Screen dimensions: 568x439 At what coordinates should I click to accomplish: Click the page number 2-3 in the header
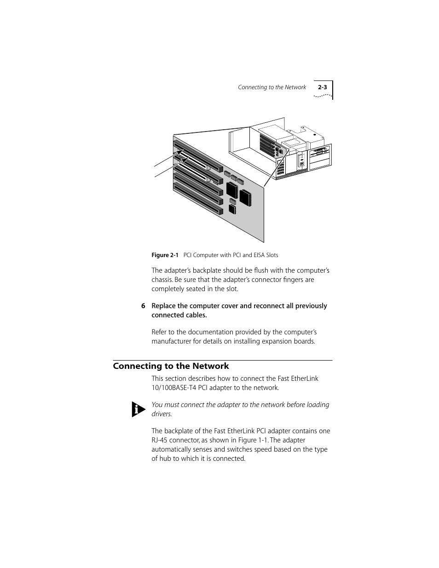[322, 87]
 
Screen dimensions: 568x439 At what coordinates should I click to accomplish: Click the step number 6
[143, 306]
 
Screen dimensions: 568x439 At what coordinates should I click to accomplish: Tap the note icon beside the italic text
[138, 409]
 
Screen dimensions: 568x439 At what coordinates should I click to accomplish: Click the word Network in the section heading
[210, 366]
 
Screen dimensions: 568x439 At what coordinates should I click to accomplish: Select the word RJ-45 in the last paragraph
[161, 440]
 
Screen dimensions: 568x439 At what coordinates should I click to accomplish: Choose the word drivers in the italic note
[162, 414]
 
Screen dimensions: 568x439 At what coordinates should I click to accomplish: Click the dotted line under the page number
[323, 96]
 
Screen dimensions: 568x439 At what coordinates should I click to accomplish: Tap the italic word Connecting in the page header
[252, 87]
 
